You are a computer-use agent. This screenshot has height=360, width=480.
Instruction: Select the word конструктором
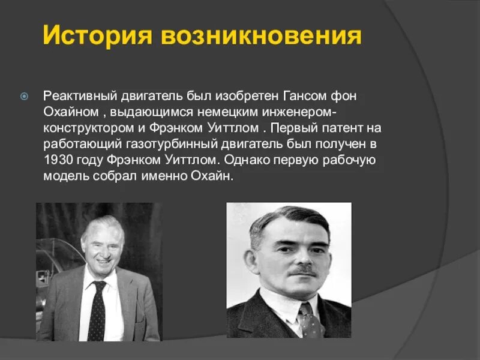pos(91,128)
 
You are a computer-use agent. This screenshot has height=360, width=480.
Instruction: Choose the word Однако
pos(250,161)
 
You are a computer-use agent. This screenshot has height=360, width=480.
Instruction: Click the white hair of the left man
pos(102,224)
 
